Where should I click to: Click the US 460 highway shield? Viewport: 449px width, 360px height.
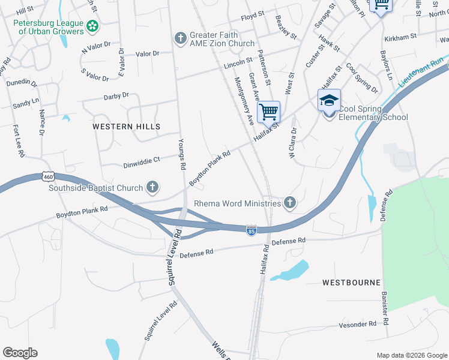(49, 176)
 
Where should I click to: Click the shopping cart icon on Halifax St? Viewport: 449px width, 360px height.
(268, 111)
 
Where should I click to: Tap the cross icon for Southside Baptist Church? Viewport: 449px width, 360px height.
(152, 188)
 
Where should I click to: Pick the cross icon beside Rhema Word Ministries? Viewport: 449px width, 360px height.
(290, 203)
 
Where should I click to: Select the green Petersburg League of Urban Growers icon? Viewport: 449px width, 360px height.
(92, 26)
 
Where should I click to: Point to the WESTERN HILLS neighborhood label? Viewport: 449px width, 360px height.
(127, 127)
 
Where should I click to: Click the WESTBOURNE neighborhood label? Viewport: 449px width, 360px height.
(351, 282)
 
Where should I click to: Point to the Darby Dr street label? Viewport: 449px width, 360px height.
(116, 95)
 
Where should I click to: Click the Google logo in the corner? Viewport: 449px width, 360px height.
(20, 353)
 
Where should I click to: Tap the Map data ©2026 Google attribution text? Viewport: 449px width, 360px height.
(412, 355)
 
